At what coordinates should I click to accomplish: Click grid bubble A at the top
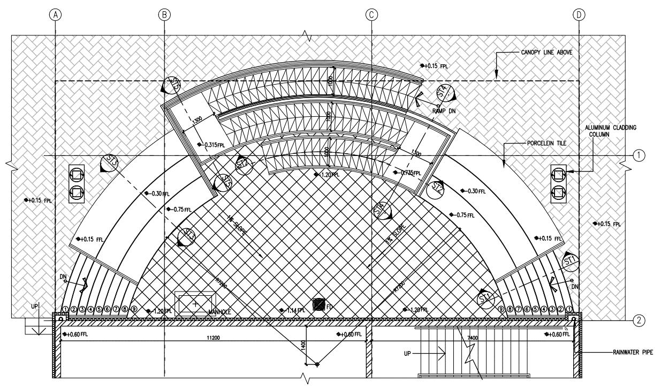55,14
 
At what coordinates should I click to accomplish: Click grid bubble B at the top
164,14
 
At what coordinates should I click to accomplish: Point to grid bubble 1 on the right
637,155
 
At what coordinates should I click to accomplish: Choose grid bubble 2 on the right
637,321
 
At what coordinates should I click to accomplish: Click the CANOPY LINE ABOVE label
546,53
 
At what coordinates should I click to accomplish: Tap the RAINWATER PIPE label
633,353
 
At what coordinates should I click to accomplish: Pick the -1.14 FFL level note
292,310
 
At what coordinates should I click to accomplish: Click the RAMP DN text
444,110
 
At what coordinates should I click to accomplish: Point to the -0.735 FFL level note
411,173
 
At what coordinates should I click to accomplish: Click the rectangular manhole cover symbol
195,303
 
